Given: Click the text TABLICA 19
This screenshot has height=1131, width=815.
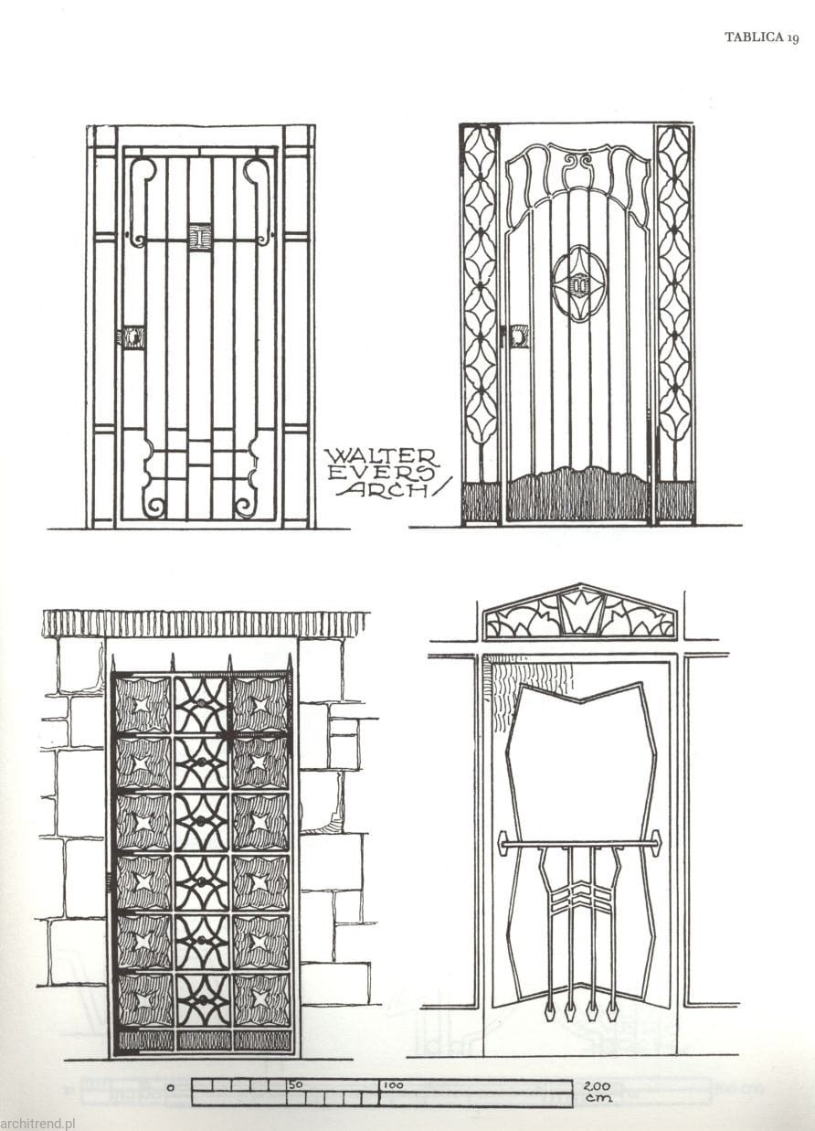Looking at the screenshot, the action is (762, 37).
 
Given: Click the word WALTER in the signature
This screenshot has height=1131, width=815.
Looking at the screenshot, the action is (383, 457).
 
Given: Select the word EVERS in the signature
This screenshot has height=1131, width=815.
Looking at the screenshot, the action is (381, 474).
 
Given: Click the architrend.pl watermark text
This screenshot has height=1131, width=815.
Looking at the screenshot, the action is (37, 1123).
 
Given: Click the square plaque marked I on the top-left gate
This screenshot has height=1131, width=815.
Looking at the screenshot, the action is (201, 236).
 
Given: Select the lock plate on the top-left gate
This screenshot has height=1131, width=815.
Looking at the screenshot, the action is (132, 336).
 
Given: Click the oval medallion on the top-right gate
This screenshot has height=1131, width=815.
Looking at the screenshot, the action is (578, 284).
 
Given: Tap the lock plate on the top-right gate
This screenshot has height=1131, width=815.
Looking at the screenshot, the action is (518, 336).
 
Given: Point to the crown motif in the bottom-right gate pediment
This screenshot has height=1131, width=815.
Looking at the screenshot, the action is (581, 612).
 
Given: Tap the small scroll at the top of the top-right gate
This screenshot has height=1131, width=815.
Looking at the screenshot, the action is (578, 162).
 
